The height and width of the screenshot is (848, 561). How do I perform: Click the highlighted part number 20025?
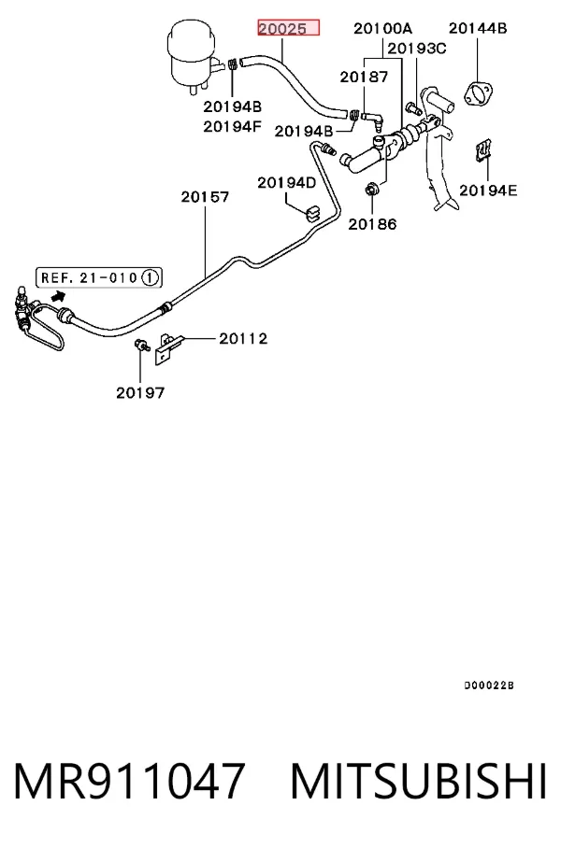point(288,28)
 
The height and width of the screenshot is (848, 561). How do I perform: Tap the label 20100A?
point(382,28)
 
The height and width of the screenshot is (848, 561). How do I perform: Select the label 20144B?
point(478,28)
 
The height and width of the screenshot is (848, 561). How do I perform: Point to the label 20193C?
point(417,49)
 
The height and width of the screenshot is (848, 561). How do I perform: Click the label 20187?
point(364,78)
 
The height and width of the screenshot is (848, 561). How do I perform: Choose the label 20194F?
point(232,127)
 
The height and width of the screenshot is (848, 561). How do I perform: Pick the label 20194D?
point(286,183)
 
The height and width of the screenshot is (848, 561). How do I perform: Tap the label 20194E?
point(488,191)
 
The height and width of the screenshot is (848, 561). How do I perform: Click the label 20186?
point(372,224)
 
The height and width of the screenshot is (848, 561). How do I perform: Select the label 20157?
point(205,197)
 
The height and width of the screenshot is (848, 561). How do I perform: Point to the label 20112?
point(243,339)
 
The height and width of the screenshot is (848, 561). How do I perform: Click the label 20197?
point(140,392)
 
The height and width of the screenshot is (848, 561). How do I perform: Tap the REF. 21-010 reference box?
point(99,278)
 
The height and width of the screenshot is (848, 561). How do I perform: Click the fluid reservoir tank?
point(194,58)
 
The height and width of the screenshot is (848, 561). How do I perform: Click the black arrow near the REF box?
point(58,296)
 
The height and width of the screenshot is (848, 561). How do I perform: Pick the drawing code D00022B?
point(489,685)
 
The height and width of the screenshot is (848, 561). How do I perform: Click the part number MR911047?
point(129,781)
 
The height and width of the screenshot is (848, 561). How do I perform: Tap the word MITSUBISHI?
point(418,781)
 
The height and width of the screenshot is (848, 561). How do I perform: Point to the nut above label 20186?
point(372,191)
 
